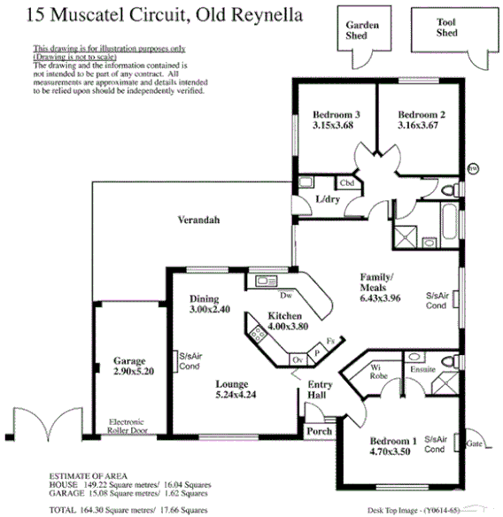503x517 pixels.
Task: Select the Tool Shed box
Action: tap(447, 31)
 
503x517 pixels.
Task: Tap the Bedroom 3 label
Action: tap(336, 114)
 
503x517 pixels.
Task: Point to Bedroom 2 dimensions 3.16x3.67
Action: tap(419, 126)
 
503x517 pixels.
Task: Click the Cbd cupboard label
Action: tap(346, 183)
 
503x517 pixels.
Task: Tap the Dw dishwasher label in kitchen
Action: tap(286, 295)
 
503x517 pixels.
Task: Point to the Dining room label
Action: tap(204, 299)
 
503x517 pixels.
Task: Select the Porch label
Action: tap(318, 431)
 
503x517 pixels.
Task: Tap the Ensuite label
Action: tap(422, 368)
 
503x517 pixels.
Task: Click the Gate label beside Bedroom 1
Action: tap(473, 441)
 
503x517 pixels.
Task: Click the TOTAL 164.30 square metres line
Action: tap(129, 510)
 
